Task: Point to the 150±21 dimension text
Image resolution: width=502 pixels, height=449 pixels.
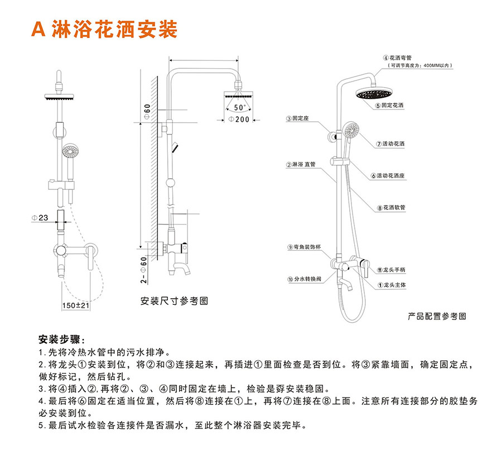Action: [x=75, y=305]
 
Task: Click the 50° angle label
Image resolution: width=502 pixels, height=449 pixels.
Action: [x=239, y=107]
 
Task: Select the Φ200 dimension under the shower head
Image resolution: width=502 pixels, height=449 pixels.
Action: [x=239, y=120]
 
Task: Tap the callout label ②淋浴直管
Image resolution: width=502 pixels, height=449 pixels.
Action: [x=301, y=165]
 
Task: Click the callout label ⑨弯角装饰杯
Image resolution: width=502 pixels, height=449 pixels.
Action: [x=305, y=247]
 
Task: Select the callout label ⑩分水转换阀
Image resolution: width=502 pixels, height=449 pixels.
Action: [x=305, y=278]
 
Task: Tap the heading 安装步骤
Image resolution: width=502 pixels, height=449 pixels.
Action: [x=61, y=340]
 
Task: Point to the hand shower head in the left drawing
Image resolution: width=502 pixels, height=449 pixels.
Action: [x=70, y=151]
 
